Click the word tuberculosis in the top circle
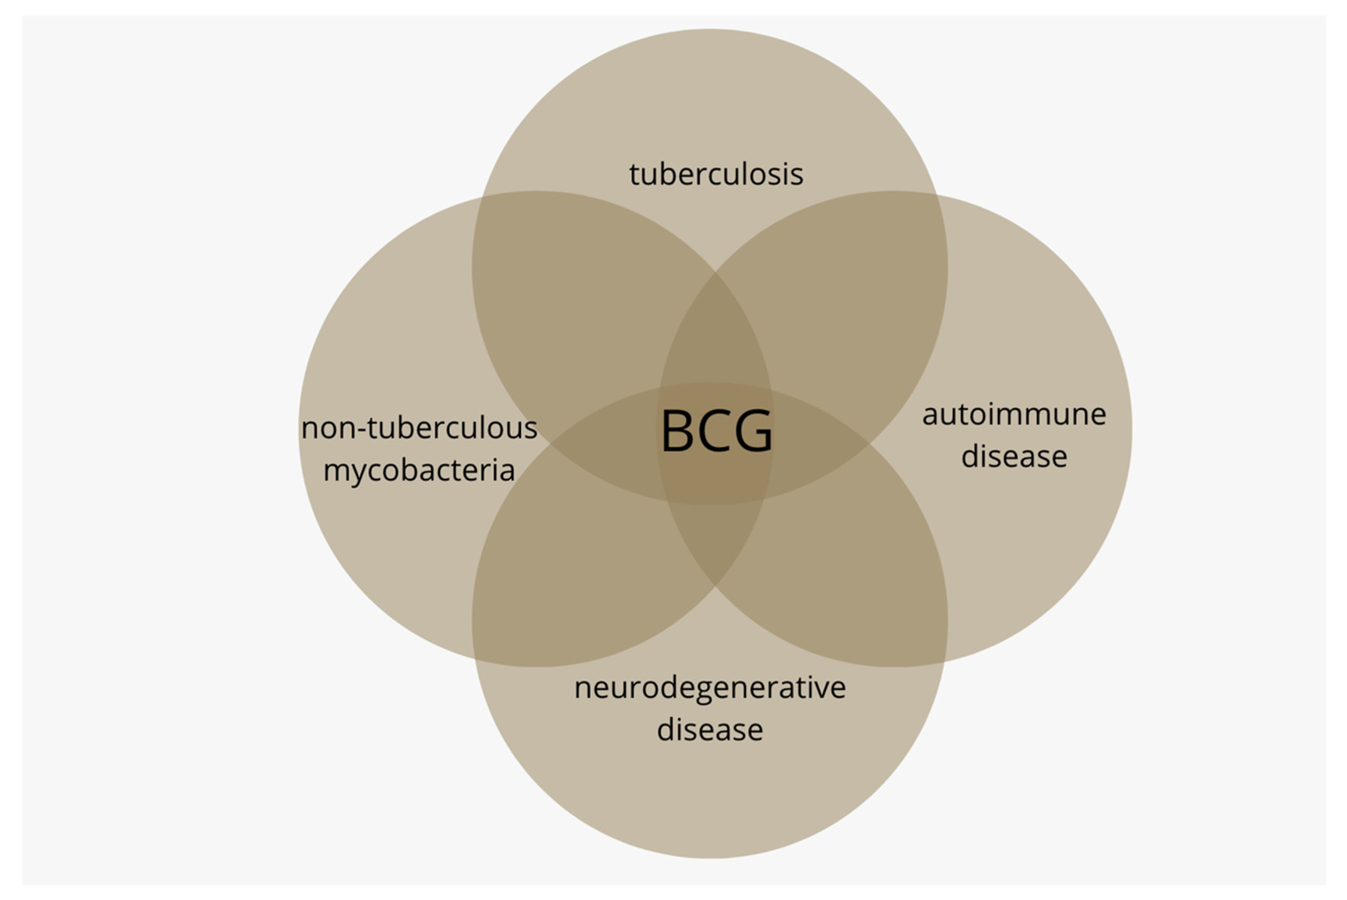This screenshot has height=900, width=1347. [716, 174]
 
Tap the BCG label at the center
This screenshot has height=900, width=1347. [716, 432]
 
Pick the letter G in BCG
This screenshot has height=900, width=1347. [753, 432]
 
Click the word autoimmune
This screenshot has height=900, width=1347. [1013, 414]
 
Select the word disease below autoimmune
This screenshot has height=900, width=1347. [1013, 457]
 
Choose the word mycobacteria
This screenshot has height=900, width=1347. [419, 471]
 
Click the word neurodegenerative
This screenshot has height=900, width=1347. [710, 688]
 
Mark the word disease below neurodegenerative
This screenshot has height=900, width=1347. [710, 730]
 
